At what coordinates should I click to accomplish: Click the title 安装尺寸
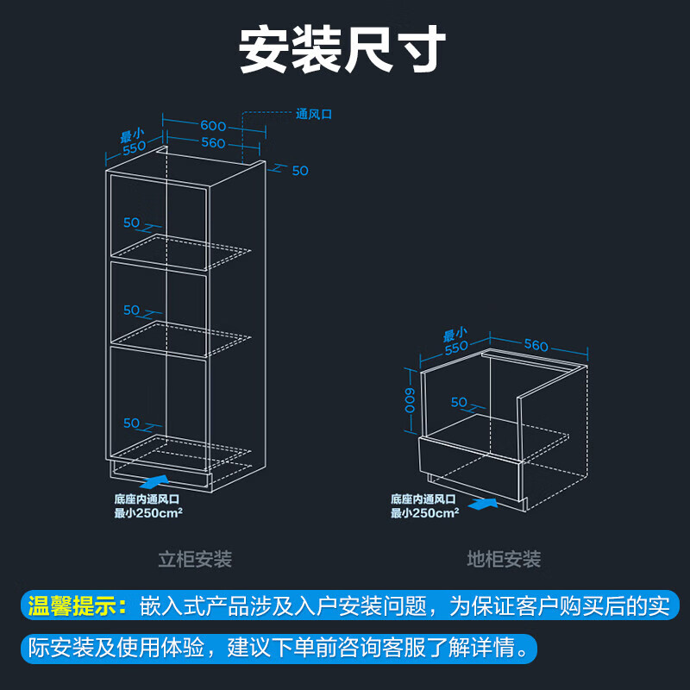(342, 49)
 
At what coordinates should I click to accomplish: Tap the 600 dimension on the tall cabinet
(213, 125)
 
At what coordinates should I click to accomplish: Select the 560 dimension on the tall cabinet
(213, 143)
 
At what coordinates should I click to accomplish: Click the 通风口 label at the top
(314, 113)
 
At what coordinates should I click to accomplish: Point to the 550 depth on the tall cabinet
(135, 147)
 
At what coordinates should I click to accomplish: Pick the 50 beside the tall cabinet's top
(299, 171)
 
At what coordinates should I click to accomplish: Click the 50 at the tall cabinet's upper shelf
(131, 223)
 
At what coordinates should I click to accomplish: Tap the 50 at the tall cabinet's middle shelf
(131, 310)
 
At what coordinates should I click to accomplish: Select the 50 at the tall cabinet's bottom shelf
(131, 423)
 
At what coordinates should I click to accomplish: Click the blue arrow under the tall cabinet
(153, 479)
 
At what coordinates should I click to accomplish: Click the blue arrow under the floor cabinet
(483, 500)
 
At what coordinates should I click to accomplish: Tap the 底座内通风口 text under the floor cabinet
(423, 499)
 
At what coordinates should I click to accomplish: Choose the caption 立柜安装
(195, 560)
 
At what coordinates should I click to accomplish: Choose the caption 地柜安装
(504, 560)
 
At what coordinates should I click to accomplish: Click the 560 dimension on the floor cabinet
(536, 345)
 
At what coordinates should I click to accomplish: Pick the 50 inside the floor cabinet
(459, 402)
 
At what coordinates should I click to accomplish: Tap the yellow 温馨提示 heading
(77, 605)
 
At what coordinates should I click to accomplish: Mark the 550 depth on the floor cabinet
(457, 348)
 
